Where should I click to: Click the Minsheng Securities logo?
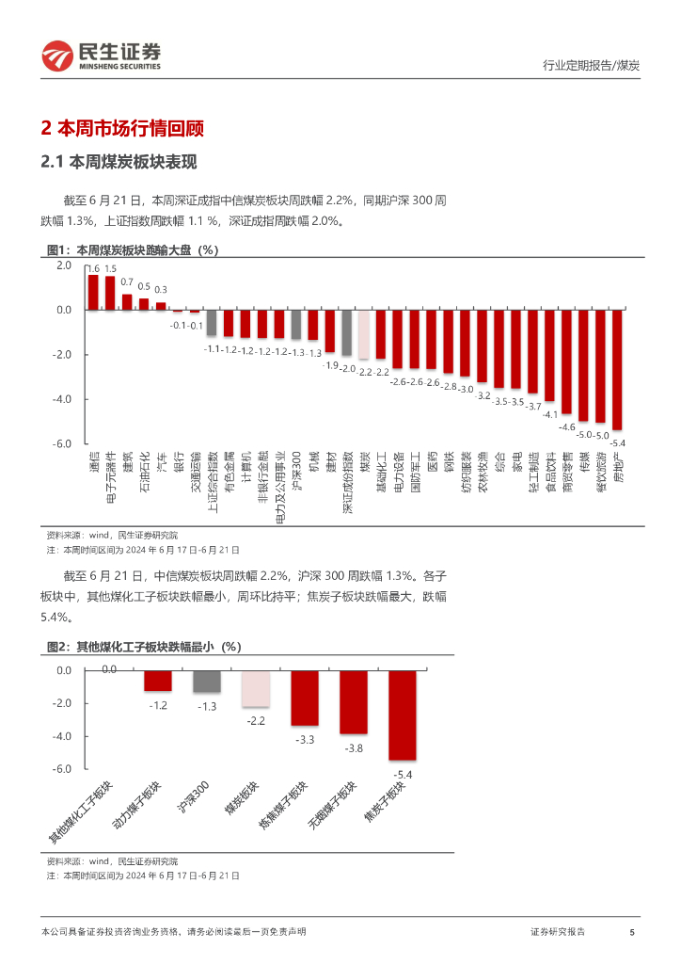tap(101, 56)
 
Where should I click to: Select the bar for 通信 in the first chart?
tap(93, 293)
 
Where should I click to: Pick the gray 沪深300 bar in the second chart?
tap(207, 682)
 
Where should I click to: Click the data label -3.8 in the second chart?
tap(353, 748)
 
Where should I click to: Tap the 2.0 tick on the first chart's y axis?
tap(64, 265)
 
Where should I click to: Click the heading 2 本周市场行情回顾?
tap(123, 128)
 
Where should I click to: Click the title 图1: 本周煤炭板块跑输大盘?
tap(133, 250)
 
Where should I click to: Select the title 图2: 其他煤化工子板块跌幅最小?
tap(144, 647)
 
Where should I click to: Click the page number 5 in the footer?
tap(632, 932)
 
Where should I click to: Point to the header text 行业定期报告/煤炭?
tap(592, 66)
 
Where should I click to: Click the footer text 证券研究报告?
tap(558, 932)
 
